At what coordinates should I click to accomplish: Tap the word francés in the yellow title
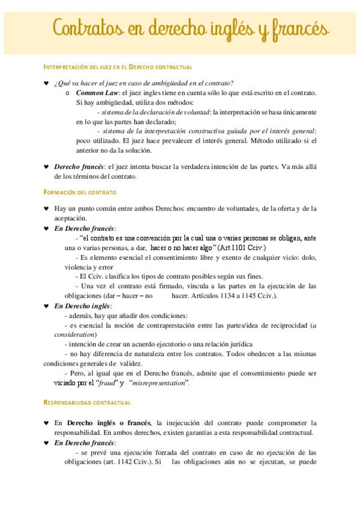296,28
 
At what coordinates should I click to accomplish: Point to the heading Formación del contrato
81,192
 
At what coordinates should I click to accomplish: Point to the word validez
130,363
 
